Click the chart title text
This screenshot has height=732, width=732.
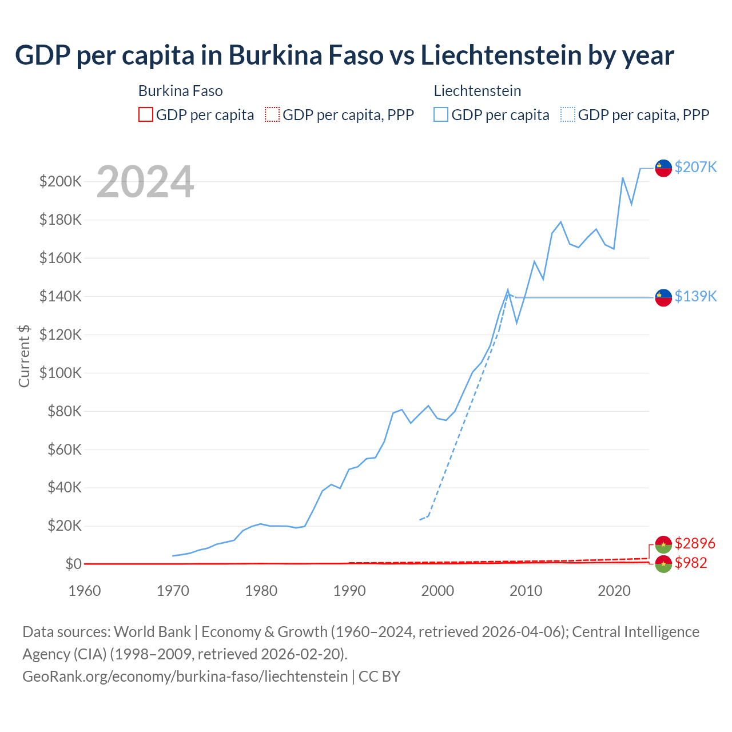[344, 55]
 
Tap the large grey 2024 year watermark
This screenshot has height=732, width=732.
[145, 182]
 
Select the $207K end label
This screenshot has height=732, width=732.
[695, 167]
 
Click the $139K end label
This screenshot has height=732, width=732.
[695, 296]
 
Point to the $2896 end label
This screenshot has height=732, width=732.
[695, 543]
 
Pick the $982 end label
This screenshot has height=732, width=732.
[691, 563]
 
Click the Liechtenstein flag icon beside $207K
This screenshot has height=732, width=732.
[663, 168]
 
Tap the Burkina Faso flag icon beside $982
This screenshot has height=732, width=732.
[663, 564]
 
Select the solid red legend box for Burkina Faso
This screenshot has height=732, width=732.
[146, 115]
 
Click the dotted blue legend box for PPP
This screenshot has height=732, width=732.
[568, 115]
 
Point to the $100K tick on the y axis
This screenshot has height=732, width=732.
[61, 373]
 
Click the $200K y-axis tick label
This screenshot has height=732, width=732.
[61, 182]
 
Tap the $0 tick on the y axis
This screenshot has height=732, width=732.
[73, 564]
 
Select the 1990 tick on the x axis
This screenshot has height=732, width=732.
[349, 591]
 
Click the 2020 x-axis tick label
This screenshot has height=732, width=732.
[614, 591]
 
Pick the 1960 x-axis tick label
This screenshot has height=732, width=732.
[85, 591]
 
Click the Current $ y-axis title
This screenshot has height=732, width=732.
[24, 356]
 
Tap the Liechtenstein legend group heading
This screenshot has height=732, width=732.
[478, 91]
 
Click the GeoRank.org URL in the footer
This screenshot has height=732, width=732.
[185, 677]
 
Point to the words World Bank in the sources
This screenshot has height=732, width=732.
[152, 632]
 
